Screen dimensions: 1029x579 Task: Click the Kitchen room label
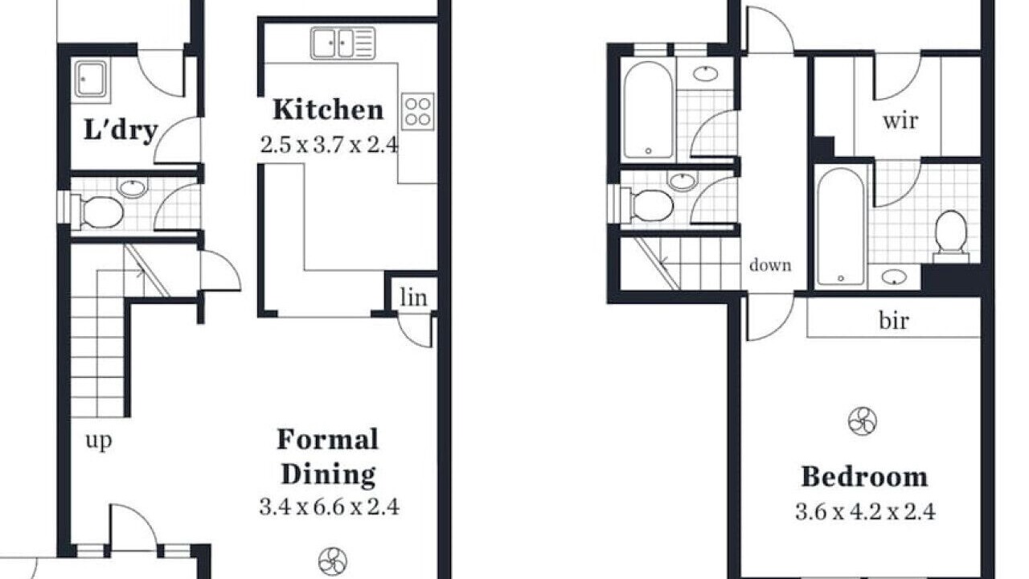[328, 110]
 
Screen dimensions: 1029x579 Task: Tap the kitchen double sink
[342, 43]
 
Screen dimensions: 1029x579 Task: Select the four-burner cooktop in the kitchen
[417, 111]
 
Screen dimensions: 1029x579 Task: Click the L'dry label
[121, 130]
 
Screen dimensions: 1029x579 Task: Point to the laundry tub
[91, 80]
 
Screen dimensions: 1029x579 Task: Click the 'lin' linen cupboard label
[413, 298]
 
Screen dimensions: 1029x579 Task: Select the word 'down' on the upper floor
[770, 265]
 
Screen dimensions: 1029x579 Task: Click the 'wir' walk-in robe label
[900, 121]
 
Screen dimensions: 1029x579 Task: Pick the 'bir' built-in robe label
[894, 320]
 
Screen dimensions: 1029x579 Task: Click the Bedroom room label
[864, 477]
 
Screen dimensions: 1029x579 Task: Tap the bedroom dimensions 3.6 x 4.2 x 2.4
[865, 512]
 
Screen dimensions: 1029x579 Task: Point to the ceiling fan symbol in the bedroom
[863, 421]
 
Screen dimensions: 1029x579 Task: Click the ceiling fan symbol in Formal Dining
[333, 561]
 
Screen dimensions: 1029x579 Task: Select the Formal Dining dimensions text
[329, 507]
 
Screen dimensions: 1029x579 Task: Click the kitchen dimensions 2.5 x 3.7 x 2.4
[329, 146]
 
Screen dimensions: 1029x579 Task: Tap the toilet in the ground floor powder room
[102, 212]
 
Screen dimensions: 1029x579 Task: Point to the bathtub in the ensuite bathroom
[841, 227]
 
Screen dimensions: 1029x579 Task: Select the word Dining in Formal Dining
[329, 474]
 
